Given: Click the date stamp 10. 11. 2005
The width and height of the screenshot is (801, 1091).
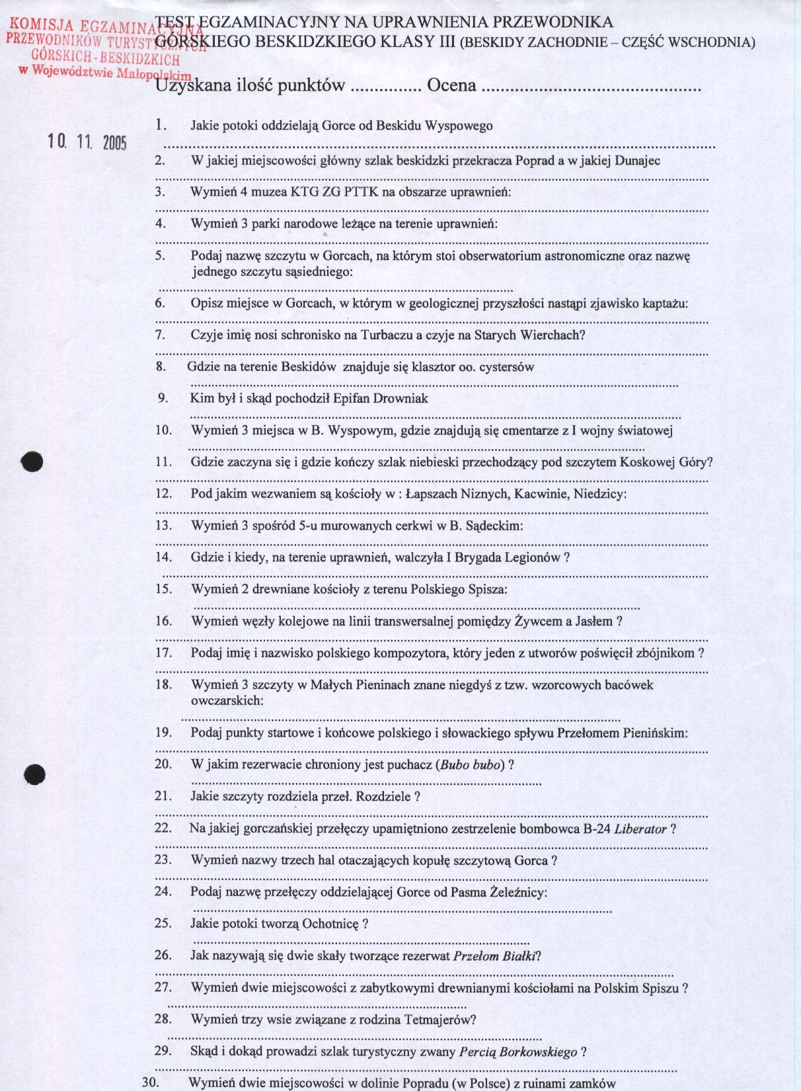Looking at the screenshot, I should (x=87, y=141).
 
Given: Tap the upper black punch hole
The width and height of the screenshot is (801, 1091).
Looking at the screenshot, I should (x=31, y=462).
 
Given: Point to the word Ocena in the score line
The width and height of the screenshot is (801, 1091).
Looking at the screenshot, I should (x=452, y=86).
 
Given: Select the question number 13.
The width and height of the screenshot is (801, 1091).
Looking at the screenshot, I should (x=163, y=526).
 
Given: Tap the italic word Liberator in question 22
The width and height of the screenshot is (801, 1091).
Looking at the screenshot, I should (x=640, y=829).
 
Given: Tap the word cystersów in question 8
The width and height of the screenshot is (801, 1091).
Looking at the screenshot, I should (x=508, y=367).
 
